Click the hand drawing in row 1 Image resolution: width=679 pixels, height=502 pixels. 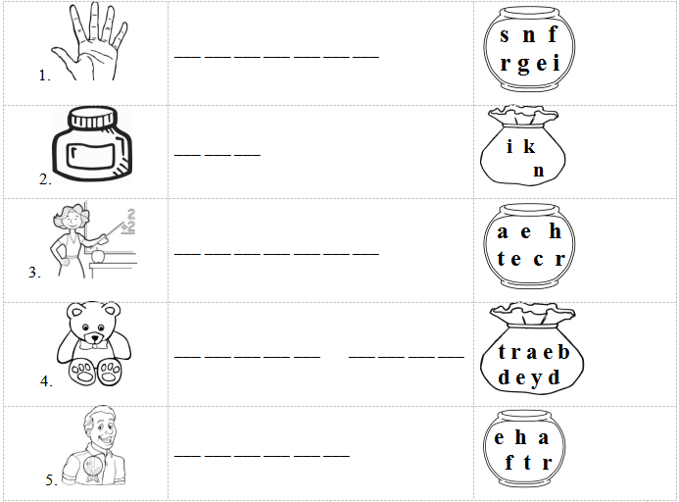[91, 43]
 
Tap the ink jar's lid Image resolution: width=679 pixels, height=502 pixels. [93, 117]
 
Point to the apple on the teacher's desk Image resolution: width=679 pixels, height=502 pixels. [98, 256]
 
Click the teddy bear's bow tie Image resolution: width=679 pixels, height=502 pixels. [94, 345]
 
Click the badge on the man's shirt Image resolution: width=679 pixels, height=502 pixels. [92, 468]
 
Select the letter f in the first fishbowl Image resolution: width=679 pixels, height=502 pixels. [553, 34]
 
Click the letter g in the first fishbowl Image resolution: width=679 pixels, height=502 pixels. [523, 65]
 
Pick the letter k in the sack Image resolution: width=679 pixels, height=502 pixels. [529, 146]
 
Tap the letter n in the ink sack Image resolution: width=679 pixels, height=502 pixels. [539, 171]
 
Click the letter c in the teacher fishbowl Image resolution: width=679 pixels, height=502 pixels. [538, 259]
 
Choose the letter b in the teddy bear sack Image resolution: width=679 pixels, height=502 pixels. [563, 352]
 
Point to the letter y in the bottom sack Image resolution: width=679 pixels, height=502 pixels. [536, 379]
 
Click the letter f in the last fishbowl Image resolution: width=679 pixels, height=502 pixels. [509, 462]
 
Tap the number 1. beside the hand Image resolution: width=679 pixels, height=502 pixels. [45, 75]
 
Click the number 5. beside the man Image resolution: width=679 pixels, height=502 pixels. [51, 479]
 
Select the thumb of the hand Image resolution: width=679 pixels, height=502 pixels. [63, 59]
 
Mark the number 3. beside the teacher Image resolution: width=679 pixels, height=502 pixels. [34, 273]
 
